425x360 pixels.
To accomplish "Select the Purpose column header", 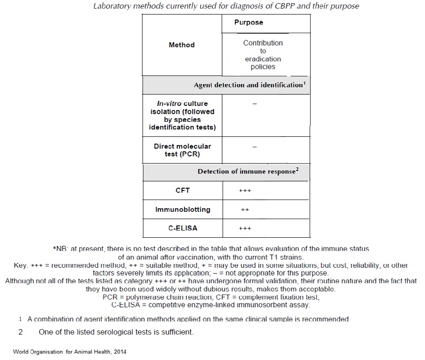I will coord(248,22).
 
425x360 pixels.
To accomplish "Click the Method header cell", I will coord(182,45).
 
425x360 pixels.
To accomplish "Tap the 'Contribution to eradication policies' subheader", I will coord(263,55).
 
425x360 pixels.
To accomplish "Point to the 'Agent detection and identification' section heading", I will coord(250,85).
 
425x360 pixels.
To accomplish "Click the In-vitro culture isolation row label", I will coord(182,115).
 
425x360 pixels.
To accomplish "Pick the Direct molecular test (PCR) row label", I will coord(182,150).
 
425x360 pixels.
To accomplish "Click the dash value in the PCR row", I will coord(255,147).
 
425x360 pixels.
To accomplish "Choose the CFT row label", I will coord(183,190).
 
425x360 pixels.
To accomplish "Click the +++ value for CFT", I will coord(245,190).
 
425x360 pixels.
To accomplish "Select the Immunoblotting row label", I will coord(183,210).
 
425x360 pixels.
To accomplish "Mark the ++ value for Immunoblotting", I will coord(245,210).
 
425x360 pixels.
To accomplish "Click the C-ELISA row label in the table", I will coord(183,228).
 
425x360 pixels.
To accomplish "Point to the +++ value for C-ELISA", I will coord(245,229).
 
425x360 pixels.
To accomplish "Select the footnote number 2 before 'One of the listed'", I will coord(20,332).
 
